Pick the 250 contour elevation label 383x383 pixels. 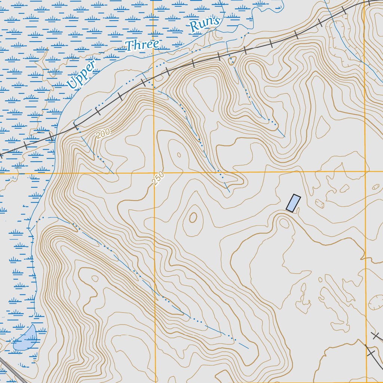tap(159, 178)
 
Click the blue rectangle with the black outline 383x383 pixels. tap(293, 203)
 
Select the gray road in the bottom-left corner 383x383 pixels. tap(11, 368)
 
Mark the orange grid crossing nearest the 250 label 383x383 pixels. tap(154, 173)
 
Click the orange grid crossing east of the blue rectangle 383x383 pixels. tap(365, 172)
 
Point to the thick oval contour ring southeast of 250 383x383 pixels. tap(193, 217)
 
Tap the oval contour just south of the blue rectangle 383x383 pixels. tap(284, 223)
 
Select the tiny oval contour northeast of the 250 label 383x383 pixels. tap(179, 155)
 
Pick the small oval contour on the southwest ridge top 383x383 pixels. tap(95, 278)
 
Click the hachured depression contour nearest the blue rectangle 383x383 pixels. tap(320, 204)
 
